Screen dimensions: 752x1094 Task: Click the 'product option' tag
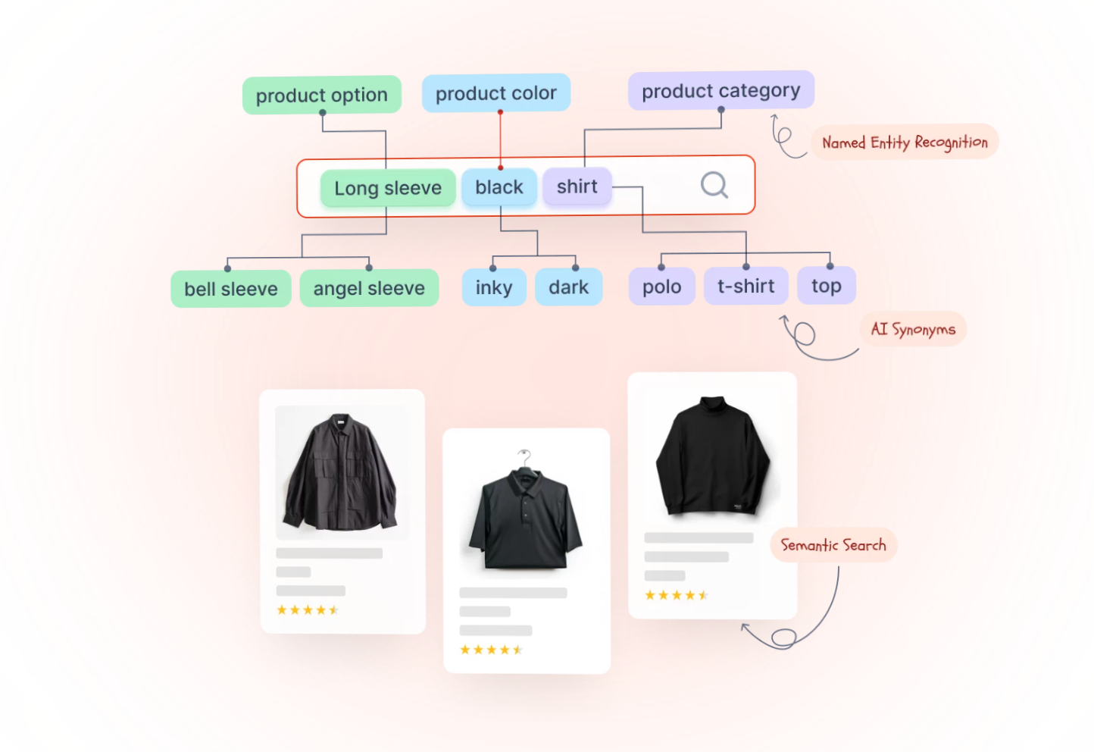point(321,96)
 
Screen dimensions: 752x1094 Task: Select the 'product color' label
point(495,93)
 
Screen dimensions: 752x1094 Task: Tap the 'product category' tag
point(720,91)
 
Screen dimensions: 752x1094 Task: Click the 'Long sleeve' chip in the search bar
point(388,188)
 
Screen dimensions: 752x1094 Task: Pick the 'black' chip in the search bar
point(499,187)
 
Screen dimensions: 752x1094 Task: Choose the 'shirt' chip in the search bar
point(577,186)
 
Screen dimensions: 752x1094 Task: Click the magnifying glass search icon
point(714,185)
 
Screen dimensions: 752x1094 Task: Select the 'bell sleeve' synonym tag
point(231,289)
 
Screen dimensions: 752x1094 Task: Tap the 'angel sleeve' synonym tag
point(369,288)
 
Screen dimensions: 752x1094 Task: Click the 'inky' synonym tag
point(494,287)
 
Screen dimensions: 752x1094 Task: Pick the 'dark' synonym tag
point(568,287)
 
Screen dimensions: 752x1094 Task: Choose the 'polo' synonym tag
point(661,287)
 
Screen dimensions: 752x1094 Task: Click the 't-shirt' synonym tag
point(745,286)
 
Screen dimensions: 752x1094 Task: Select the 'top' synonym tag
point(826,286)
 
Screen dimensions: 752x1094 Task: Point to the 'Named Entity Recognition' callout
point(905,142)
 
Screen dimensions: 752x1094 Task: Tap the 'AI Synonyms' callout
point(913,329)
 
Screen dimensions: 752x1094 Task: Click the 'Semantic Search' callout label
point(833,545)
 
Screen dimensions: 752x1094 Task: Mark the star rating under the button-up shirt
point(307,610)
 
